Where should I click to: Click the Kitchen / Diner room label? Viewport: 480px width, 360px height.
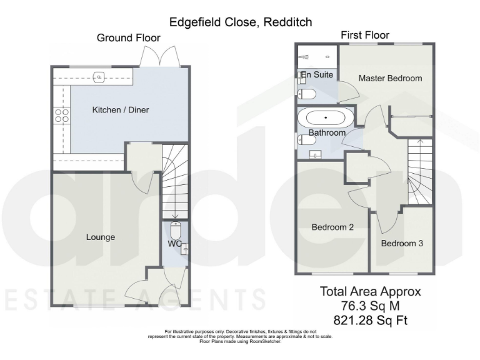[121, 110]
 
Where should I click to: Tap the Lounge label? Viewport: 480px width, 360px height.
[101, 237]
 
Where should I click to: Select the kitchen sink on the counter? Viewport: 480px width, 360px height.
[99, 77]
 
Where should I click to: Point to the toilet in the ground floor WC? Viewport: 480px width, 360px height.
[175, 229]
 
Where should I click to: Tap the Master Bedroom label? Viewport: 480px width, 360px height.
[390, 79]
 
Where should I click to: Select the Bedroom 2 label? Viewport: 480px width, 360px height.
[332, 227]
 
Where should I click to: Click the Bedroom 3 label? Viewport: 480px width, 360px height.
[402, 243]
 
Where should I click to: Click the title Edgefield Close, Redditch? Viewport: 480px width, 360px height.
[241, 22]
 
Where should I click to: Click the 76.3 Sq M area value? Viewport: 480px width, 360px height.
[371, 306]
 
